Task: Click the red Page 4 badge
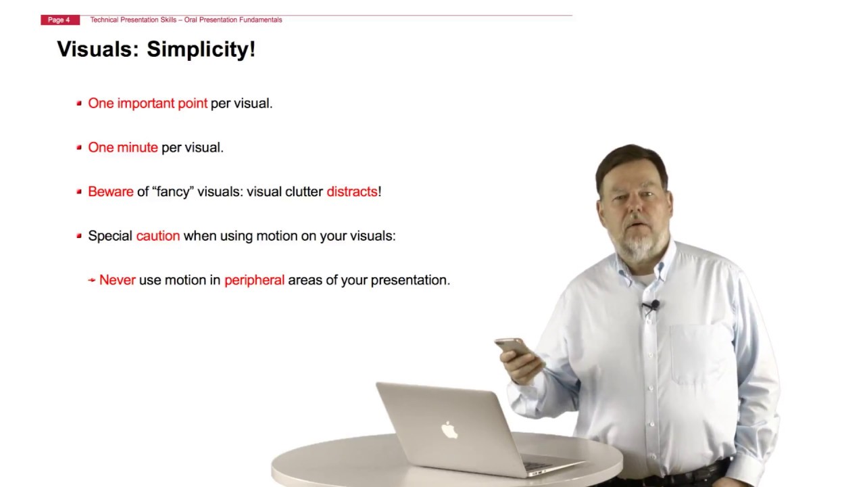pos(59,20)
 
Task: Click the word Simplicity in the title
pos(201,49)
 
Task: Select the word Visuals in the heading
pos(97,49)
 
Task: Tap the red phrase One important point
pos(147,103)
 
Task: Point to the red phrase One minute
pos(123,147)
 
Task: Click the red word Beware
pos(111,191)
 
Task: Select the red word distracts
pos(351,191)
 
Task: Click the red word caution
pos(158,236)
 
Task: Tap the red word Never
pos(118,280)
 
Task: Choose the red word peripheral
pos(254,280)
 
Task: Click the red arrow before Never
pos(92,280)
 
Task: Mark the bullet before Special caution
pos(79,236)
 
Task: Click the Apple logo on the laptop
pos(449,430)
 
